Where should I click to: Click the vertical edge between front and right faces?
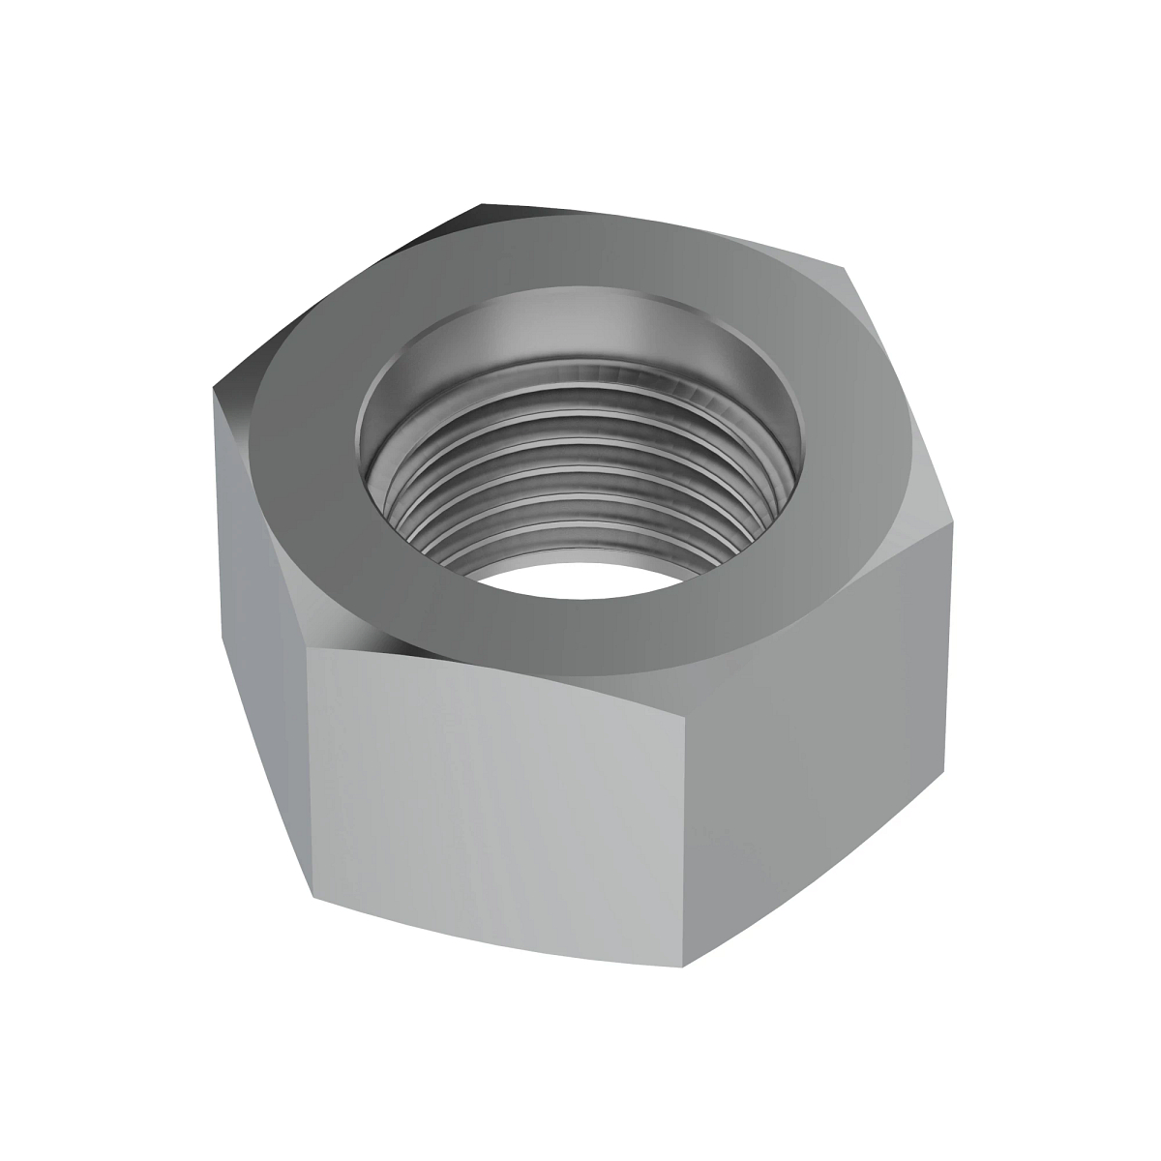point(688,793)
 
